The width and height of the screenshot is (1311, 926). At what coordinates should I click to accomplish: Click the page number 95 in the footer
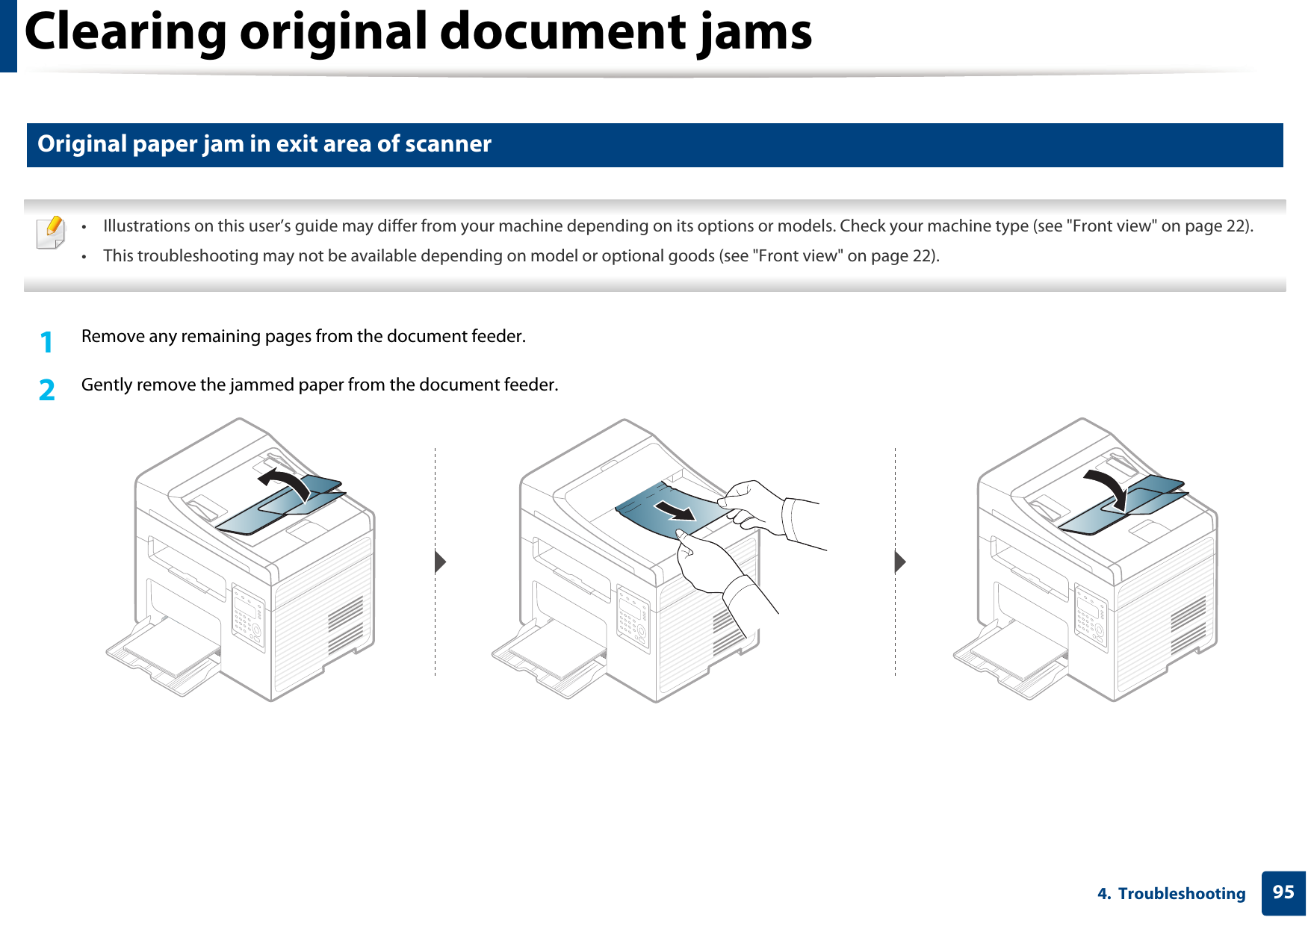[1283, 892]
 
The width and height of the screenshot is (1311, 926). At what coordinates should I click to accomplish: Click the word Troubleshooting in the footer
[1181, 894]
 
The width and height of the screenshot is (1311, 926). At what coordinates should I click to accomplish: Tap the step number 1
[47, 342]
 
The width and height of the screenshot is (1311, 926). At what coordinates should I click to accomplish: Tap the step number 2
[47, 390]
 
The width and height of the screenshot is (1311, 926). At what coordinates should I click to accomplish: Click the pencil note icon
[50, 232]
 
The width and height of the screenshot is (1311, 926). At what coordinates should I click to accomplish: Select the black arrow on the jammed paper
[676, 510]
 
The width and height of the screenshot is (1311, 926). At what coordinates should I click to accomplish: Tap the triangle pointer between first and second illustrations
[440, 562]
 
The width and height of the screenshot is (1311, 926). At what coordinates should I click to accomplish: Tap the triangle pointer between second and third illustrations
[900, 562]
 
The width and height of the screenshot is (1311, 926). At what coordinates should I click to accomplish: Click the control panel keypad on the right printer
[1091, 617]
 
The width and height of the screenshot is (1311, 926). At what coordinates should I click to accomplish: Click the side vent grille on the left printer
[345, 624]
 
